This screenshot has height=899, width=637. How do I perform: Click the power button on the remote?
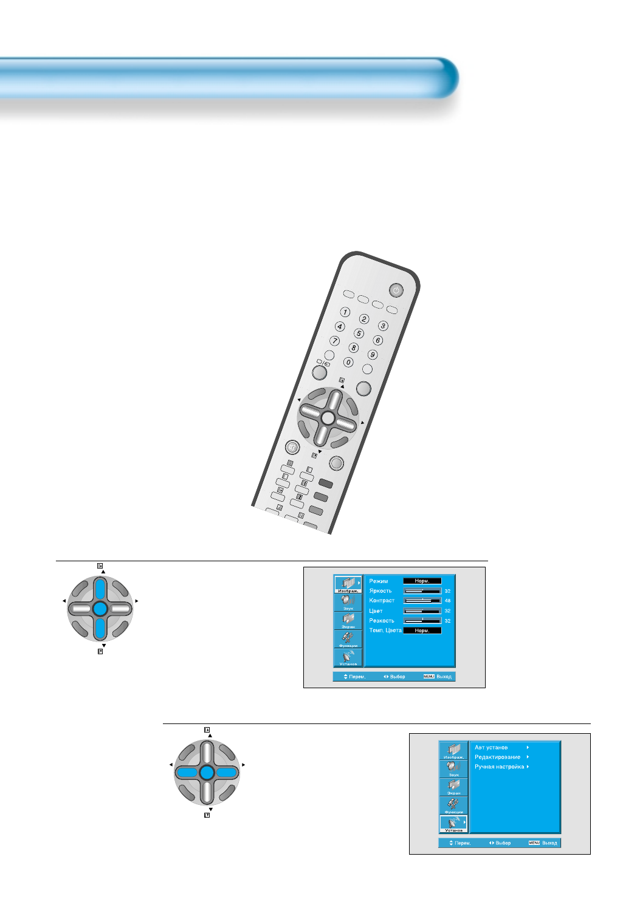click(x=396, y=290)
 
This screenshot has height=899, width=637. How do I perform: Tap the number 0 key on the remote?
click(x=348, y=362)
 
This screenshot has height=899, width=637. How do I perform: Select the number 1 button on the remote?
click(x=345, y=312)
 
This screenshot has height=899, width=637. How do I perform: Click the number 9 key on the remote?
click(x=373, y=355)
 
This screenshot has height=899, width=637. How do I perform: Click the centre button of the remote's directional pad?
click(x=327, y=418)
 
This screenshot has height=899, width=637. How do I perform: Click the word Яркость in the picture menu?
click(x=380, y=591)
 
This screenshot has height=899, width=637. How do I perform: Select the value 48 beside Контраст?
click(x=447, y=601)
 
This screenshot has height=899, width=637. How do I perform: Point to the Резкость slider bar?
click(x=422, y=621)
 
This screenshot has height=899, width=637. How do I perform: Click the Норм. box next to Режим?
click(x=422, y=581)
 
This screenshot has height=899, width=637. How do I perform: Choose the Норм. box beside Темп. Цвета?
click(x=422, y=631)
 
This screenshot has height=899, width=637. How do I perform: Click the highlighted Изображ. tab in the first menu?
click(x=348, y=584)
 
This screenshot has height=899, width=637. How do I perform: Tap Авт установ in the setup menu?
click(x=491, y=748)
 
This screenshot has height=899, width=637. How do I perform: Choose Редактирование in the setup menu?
click(x=497, y=757)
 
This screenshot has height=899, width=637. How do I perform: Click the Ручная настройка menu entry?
click(x=499, y=767)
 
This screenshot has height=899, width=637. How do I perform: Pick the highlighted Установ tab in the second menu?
click(x=453, y=824)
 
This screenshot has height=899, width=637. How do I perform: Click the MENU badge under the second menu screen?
click(x=534, y=843)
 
